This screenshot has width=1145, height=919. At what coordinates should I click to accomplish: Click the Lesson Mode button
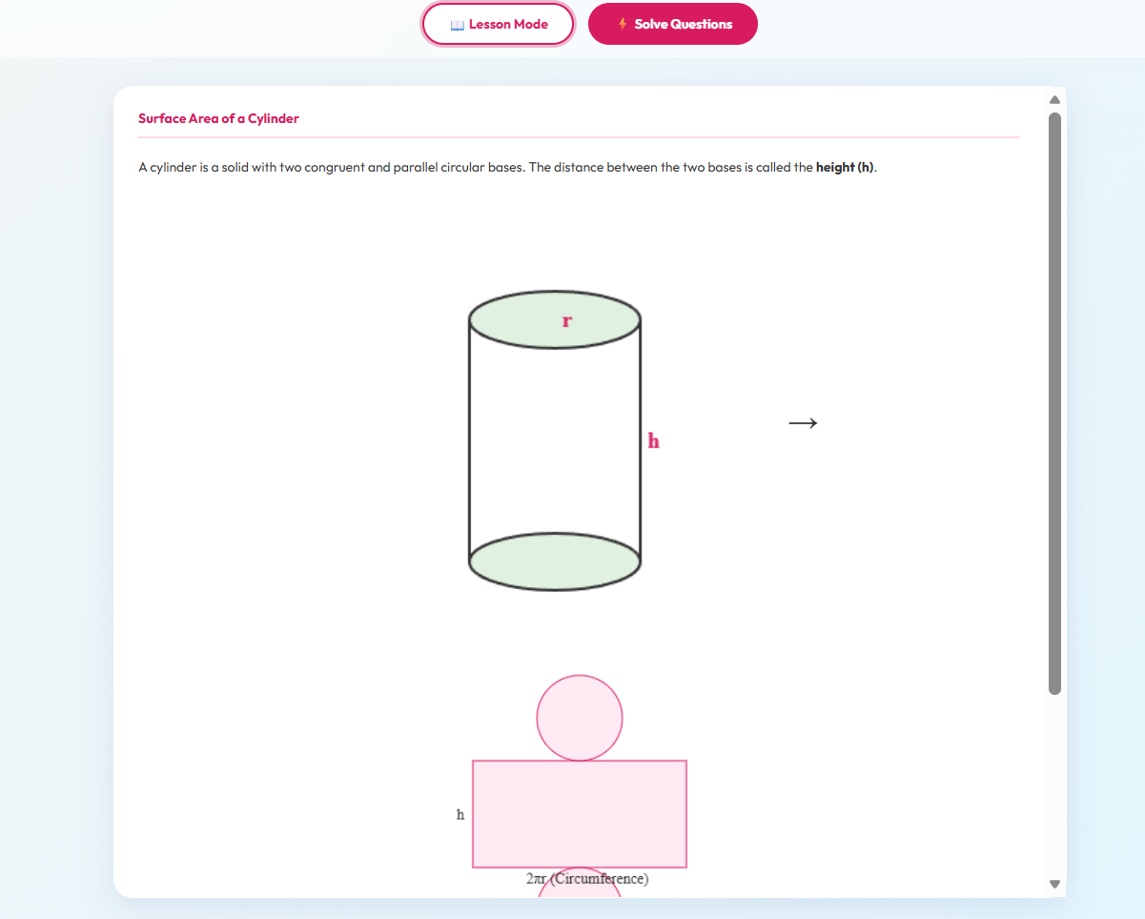499,24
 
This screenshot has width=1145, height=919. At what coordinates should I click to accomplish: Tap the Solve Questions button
673,24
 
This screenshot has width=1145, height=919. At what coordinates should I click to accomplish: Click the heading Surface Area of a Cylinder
218,118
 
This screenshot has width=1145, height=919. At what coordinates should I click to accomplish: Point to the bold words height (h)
845,168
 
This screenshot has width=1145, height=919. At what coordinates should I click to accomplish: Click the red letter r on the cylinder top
567,321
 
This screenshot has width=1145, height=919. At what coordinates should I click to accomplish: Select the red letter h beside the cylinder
653,440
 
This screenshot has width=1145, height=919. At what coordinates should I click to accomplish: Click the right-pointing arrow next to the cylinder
803,422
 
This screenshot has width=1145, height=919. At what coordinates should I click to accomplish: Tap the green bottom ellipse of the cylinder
555,562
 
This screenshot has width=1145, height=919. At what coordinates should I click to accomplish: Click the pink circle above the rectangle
580,717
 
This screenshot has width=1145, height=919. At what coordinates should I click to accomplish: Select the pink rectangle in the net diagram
580,813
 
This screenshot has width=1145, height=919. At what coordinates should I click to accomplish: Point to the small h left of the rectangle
460,814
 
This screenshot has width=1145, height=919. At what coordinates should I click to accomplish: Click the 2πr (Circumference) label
587,878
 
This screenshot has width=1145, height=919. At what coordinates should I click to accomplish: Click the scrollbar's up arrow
1054,99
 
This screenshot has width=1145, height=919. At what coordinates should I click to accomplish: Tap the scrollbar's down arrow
1054,884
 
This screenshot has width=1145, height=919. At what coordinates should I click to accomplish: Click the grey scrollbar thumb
1054,400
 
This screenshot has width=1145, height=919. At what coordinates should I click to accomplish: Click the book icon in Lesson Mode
457,25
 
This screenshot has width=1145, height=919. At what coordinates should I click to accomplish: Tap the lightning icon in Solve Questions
623,24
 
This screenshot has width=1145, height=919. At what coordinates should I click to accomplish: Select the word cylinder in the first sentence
172,168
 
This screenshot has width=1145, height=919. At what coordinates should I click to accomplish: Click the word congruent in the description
335,168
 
